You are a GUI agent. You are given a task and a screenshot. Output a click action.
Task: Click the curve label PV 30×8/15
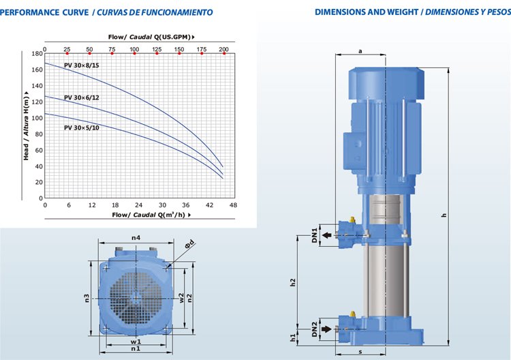coord(82,65)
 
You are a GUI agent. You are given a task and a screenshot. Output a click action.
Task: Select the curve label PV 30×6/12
coord(82,97)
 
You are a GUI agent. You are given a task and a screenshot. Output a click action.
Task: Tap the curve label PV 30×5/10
coord(82,127)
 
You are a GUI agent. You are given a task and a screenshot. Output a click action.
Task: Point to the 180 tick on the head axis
coord(37,53)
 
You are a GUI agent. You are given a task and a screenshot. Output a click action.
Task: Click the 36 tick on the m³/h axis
coord(186,205)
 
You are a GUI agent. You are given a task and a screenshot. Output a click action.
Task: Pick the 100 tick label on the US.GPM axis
coord(134,49)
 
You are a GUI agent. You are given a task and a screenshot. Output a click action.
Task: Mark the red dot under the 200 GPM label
coord(224,53)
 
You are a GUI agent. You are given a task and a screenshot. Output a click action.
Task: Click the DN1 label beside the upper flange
coord(315,235)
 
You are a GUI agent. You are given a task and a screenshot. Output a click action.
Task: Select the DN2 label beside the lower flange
coord(315,329)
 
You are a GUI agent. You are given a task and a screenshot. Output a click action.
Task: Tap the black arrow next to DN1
coord(327,235)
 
